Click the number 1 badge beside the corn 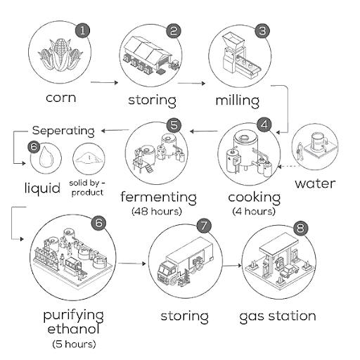click(x=84, y=30)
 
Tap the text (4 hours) click(x=255, y=210)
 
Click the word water click(x=314, y=184)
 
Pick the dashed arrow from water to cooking click(x=283, y=167)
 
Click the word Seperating click(x=63, y=131)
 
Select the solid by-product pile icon click(x=89, y=156)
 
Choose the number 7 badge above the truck click(x=204, y=226)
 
